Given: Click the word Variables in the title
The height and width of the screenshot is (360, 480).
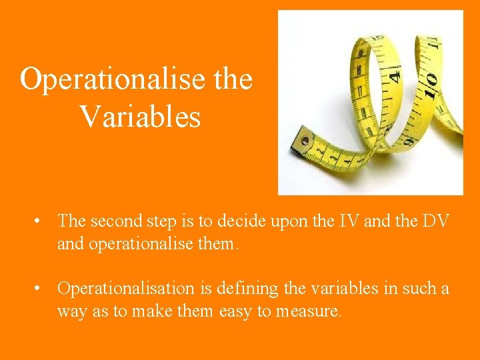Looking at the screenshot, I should point(140,117).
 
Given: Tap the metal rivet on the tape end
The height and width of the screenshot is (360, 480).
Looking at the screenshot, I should point(305,141).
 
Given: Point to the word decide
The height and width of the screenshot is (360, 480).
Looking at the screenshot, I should point(230,220).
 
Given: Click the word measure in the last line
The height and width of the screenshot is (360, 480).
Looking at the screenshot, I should point(311,311).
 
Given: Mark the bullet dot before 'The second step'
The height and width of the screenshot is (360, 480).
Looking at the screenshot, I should point(41,220).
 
